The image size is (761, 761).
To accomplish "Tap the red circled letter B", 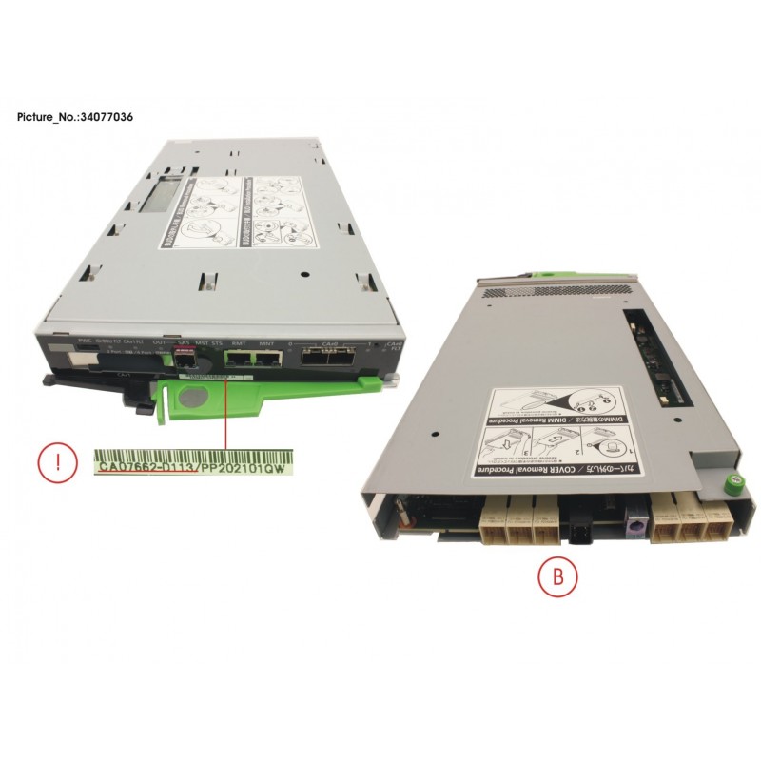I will (544, 576).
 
